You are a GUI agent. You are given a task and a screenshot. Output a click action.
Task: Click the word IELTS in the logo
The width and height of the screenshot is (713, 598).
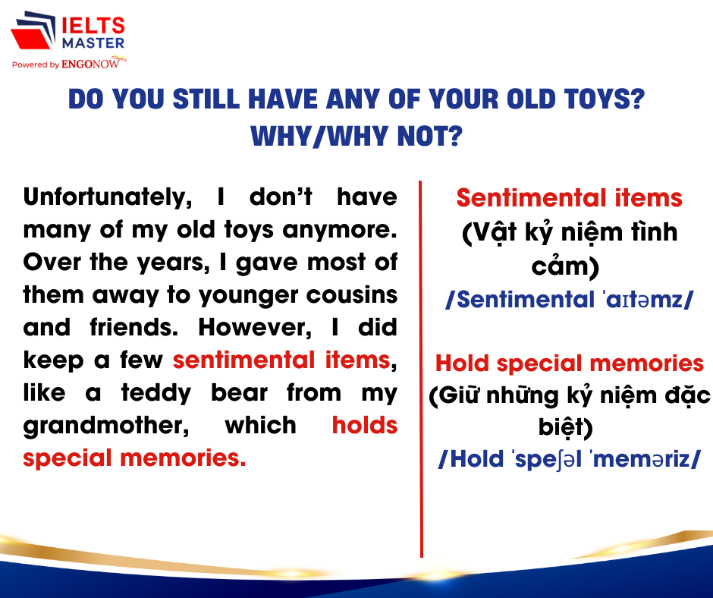pyautogui.click(x=93, y=26)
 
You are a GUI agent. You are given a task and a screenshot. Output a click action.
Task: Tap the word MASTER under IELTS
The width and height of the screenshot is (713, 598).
pyautogui.click(x=93, y=43)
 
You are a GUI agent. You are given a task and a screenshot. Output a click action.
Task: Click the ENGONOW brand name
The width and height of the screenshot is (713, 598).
pyautogui.click(x=90, y=65)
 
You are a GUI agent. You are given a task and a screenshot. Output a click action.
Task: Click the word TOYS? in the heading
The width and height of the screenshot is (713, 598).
pyautogui.click(x=605, y=99)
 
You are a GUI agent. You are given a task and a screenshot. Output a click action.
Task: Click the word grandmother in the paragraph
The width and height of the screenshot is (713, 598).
pyautogui.click(x=106, y=426)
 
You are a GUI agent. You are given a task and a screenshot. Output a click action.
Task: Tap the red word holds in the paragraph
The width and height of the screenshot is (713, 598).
pyautogui.click(x=365, y=425)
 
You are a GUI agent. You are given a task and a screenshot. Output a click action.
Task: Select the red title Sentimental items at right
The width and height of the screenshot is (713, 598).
pyautogui.click(x=570, y=198)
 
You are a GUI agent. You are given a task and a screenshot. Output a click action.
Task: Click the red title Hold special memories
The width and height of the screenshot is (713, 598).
pyautogui.click(x=570, y=364)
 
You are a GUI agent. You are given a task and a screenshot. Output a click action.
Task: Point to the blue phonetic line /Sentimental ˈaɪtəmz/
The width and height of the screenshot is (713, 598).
pyautogui.click(x=570, y=300)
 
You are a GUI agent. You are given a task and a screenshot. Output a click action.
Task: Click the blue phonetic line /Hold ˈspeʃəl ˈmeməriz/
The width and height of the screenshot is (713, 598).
pyautogui.click(x=570, y=459)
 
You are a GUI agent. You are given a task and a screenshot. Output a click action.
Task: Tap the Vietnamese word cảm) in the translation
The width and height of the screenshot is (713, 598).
pyautogui.click(x=565, y=267)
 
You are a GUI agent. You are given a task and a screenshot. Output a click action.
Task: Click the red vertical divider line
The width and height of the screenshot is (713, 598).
pyautogui.click(x=421, y=369)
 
